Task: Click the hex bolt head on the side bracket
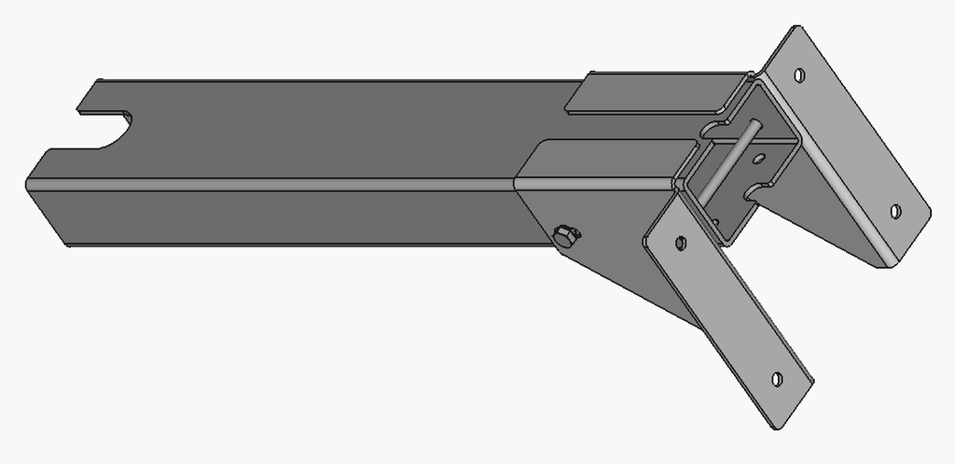[565, 236]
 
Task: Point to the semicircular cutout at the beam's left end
[104, 130]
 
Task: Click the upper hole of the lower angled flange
[680, 243]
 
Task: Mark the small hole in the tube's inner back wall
[759, 157]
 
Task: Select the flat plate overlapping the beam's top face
[653, 93]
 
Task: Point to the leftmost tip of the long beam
[25, 183]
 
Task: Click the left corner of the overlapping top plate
[567, 112]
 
